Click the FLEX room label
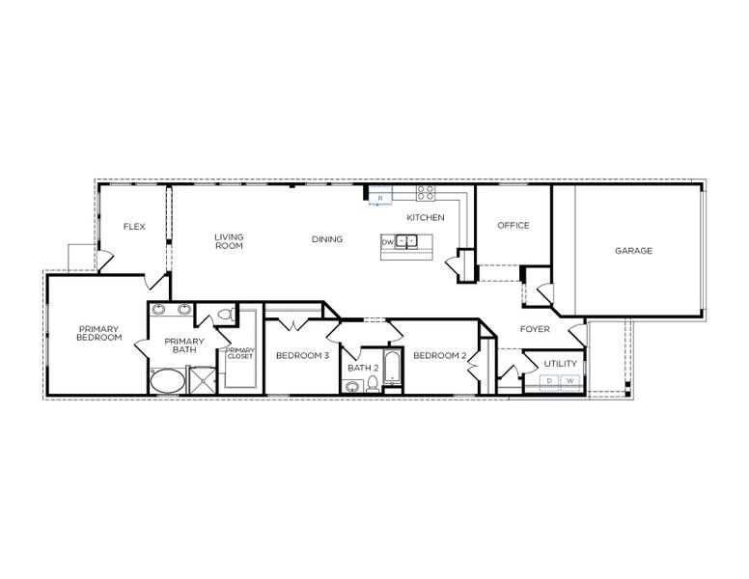coord(133,227)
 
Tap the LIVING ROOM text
coord(228,241)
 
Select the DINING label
coord(327,239)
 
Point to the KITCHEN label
coord(425,218)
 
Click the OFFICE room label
coord(513,226)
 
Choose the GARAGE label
coord(633,251)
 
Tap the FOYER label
coord(535,329)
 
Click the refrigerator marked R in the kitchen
coord(380,198)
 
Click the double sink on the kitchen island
coord(408,241)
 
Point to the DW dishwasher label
coord(387,241)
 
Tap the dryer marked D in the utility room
coord(549,381)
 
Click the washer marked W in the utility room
coord(569,381)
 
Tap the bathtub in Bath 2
coord(392,368)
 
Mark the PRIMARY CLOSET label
coord(239,353)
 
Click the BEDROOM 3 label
coord(302,356)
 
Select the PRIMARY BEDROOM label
coord(99,333)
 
